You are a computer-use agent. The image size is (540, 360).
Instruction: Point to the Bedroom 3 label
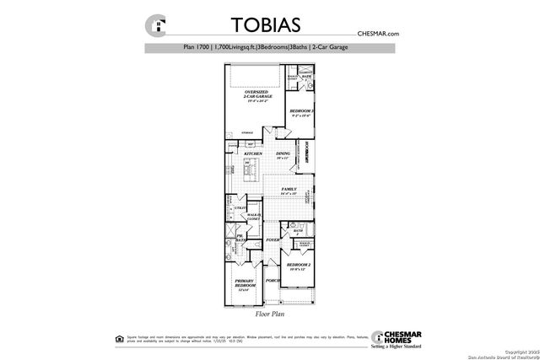(301, 113)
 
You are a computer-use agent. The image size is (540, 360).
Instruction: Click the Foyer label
(273, 240)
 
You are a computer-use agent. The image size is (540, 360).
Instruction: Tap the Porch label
(273, 280)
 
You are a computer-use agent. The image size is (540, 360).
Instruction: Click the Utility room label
(240, 208)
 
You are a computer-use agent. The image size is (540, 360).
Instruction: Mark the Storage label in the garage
(247, 133)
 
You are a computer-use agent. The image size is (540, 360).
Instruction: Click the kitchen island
(251, 175)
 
